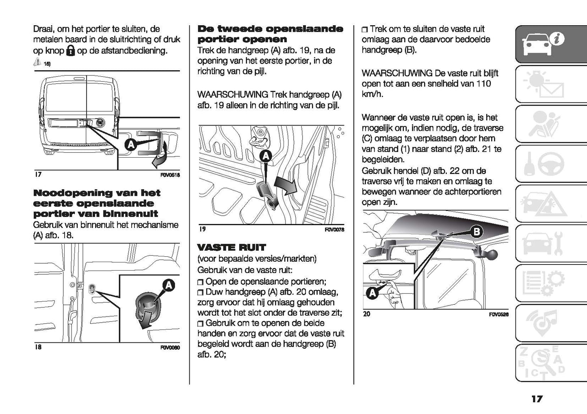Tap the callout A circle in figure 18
168,286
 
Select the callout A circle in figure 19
265,155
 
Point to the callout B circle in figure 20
477,232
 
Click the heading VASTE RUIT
231,247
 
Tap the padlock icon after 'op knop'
71,51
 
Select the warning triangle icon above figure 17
37,62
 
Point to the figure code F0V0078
334,230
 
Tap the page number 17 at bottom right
537,399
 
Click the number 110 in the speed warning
483,84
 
